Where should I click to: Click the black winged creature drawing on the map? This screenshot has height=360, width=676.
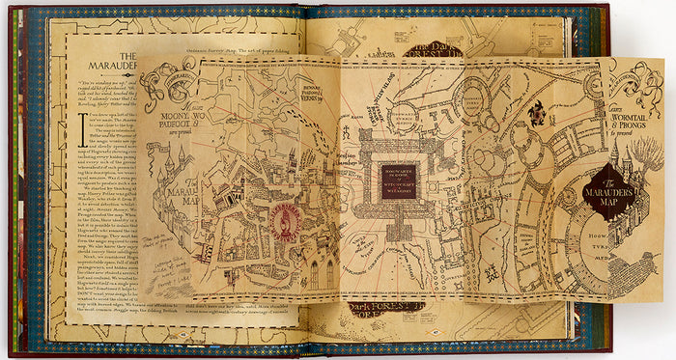tap(538, 114)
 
